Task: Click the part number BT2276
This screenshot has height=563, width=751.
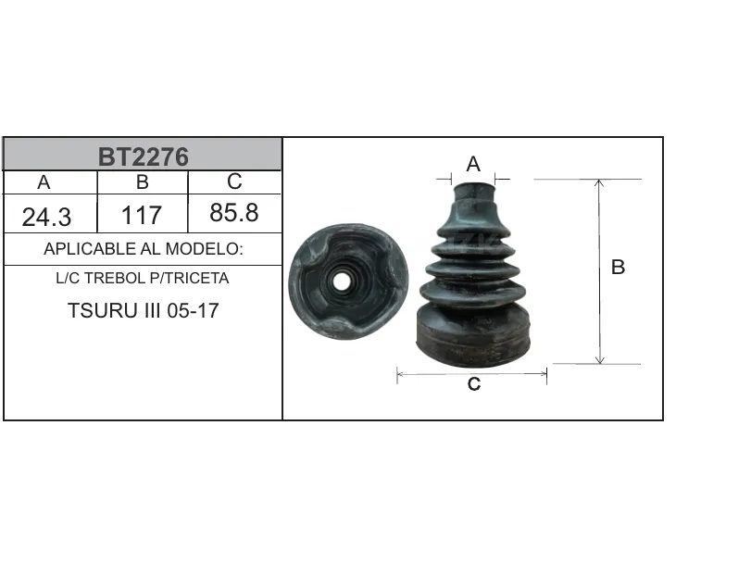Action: [144, 157]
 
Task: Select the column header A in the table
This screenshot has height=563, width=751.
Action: [44, 182]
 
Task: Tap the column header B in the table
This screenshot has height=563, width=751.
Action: [143, 182]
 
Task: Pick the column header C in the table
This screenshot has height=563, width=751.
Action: [234, 181]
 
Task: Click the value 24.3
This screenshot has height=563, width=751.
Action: [46, 217]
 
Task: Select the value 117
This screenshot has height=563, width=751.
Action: [142, 216]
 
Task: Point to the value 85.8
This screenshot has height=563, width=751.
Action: [234, 213]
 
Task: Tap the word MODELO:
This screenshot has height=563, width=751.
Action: [205, 249]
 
